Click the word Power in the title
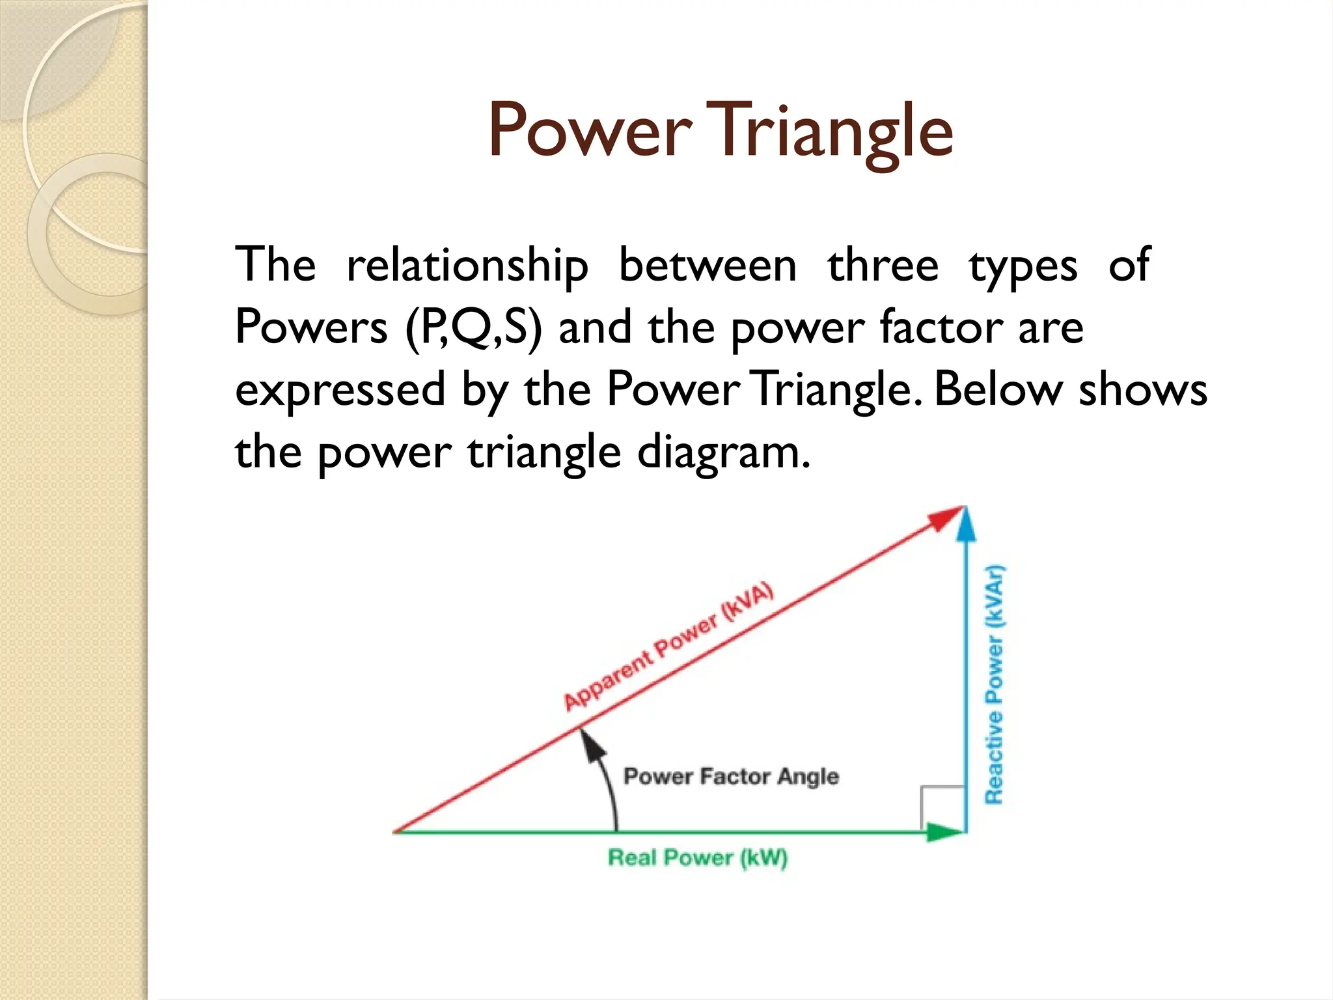point(589,130)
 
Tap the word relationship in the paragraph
point(467,266)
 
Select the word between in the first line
point(707,266)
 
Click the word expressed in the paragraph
point(340,390)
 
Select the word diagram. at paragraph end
point(723,452)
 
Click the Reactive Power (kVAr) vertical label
point(995,684)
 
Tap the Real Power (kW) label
point(697,857)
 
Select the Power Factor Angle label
point(731,776)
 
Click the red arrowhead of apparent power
point(947,518)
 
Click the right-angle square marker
point(942,808)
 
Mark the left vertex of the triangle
point(396,832)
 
